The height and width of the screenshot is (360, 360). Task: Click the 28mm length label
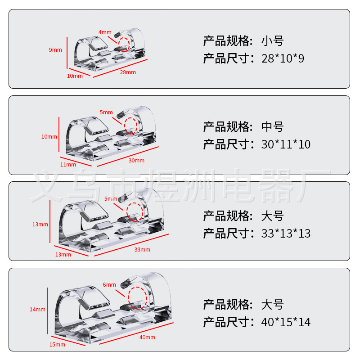128,72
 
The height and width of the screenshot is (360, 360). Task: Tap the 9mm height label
55,50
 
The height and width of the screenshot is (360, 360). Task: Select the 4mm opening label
104,32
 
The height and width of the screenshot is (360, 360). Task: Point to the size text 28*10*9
283,58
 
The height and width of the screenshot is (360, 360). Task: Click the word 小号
273,41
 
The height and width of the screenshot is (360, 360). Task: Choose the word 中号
273,127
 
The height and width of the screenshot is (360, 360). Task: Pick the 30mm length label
136,161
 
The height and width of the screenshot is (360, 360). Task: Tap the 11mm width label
68,165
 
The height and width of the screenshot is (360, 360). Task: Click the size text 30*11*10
286,144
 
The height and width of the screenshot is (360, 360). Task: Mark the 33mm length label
142,250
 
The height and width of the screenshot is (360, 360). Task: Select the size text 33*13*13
286,233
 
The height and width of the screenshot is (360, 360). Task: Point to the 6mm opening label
109,285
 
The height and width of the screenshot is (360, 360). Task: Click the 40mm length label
147,337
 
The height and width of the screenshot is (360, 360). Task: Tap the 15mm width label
57,345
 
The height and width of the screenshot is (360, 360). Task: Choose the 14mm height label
37,310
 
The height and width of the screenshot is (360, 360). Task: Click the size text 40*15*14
286,322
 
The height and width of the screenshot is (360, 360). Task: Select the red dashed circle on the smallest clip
124,45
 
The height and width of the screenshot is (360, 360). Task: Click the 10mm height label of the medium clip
49,137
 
